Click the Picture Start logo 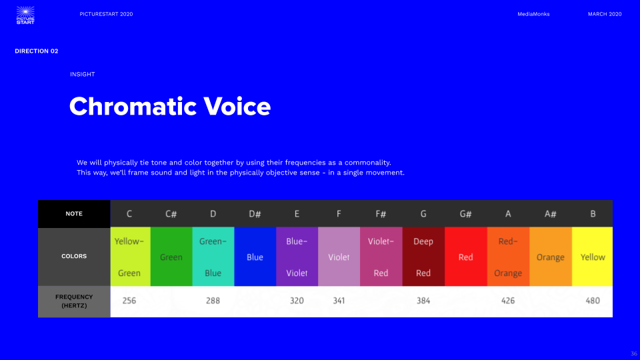coord(25,15)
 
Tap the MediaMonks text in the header coord(533,14)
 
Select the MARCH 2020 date coord(605,14)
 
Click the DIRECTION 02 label coord(36,51)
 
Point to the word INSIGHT coord(83,74)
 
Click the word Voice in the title coord(237,107)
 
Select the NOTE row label coord(74,213)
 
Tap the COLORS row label coord(74,256)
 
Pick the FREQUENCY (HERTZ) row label coord(74,301)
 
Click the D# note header coord(255,214)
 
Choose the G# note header coord(466,214)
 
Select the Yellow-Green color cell coord(130,257)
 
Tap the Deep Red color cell coord(423,257)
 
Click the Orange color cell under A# coord(551,257)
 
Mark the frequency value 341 coord(339,301)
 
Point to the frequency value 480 coord(593,301)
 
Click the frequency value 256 coord(129,301)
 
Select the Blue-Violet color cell coord(297,257)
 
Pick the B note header coord(593,214)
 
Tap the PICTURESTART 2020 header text coord(106,14)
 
